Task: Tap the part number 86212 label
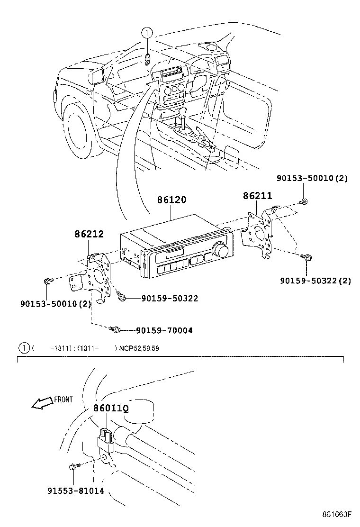(x=89, y=234)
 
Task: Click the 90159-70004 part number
(x=164, y=330)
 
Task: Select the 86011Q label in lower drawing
(x=111, y=408)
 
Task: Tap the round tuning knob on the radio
(x=220, y=248)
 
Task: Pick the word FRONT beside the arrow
(x=63, y=399)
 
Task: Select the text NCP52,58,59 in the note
(x=139, y=348)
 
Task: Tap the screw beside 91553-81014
(x=73, y=466)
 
